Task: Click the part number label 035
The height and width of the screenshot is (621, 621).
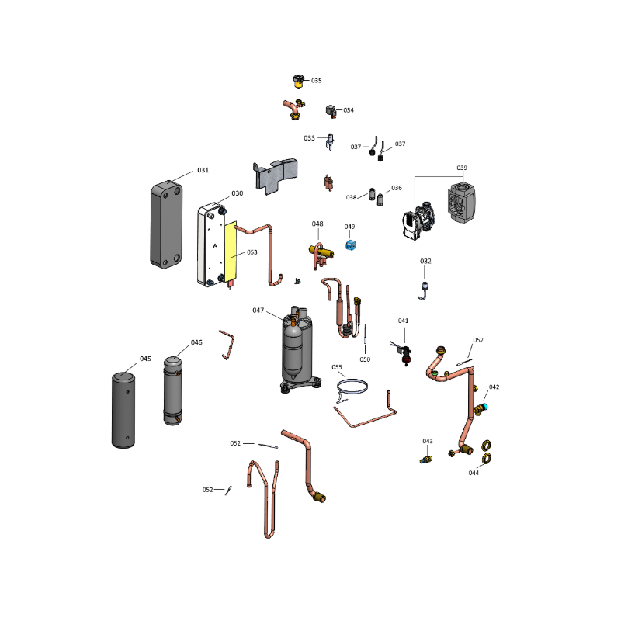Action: [x=317, y=81]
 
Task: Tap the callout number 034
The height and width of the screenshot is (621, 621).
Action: [x=349, y=110]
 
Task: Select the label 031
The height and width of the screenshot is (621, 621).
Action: [x=203, y=170]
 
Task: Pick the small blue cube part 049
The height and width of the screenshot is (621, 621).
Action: [x=350, y=245]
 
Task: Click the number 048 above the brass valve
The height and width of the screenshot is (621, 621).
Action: [x=317, y=224]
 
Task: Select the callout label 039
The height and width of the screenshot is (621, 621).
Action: [x=462, y=168]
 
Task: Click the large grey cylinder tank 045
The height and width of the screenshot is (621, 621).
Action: [x=124, y=409]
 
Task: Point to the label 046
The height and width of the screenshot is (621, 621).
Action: [x=196, y=342]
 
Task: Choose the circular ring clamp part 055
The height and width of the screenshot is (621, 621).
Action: [x=354, y=387]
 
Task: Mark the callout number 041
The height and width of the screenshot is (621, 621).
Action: [x=403, y=320]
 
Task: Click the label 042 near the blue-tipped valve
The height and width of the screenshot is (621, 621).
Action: [x=494, y=387]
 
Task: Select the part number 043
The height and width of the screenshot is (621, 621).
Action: [x=427, y=441]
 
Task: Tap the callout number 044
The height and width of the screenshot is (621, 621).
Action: [x=474, y=473]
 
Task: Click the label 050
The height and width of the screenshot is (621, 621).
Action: [x=365, y=359]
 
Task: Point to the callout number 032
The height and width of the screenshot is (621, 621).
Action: [x=425, y=262]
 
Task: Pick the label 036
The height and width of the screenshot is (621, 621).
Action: [x=397, y=188]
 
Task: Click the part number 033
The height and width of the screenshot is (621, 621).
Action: [x=309, y=138]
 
